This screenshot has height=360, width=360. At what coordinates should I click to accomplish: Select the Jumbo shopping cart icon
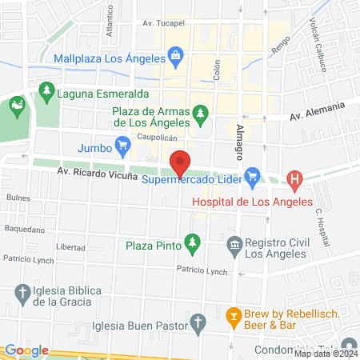pyautogui.click(x=122, y=145)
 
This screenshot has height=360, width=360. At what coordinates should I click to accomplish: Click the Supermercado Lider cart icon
pyautogui.click(x=252, y=174)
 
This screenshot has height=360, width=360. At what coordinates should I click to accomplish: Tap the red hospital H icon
pyautogui.click(x=295, y=181)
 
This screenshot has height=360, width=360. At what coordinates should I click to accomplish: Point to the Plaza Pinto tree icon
pyautogui.click(x=191, y=241)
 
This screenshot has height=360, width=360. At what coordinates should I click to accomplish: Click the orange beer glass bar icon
pyautogui.click(x=234, y=314)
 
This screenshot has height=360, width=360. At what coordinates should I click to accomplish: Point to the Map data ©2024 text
pyautogui.click(x=326, y=353)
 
